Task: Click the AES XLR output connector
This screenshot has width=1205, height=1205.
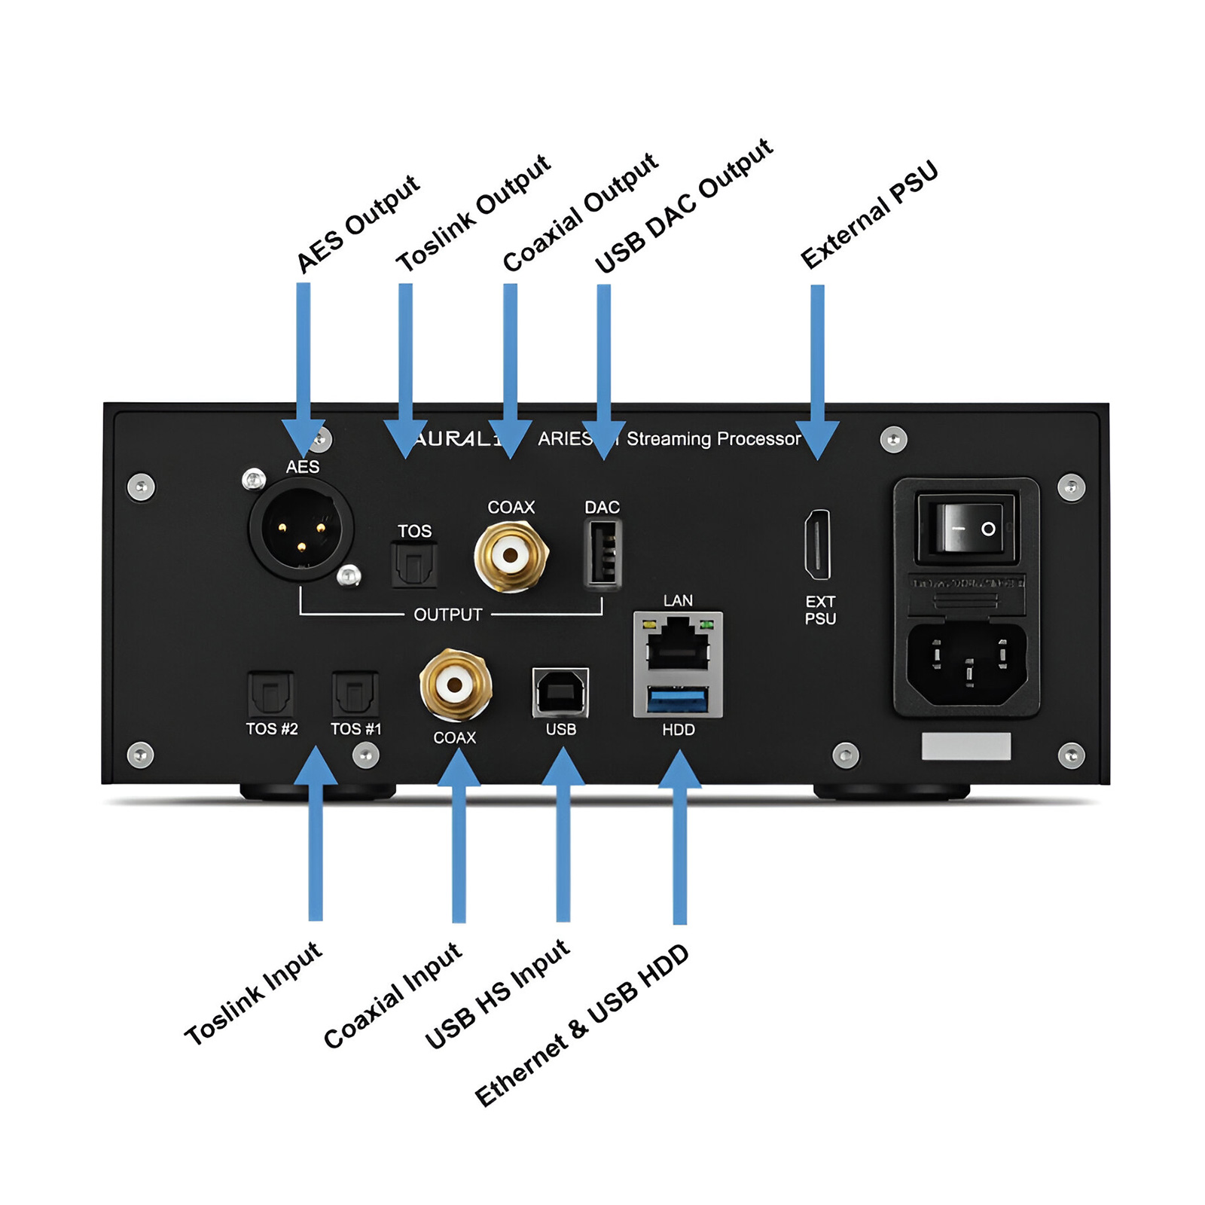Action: click(301, 530)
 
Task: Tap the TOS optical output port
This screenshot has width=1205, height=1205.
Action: click(414, 565)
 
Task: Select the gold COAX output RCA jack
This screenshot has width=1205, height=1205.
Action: click(511, 556)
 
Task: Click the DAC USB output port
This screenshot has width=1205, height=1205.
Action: click(602, 554)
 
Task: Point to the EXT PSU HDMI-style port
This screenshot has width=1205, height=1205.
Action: click(818, 545)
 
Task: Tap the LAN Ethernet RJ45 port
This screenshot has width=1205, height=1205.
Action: click(678, 645)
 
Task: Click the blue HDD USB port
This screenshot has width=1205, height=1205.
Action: click(678, 700)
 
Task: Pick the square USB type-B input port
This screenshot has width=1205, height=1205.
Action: click(560, 691)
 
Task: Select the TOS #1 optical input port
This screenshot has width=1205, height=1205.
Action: click(355, 694)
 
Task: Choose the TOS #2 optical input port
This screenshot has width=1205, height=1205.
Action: click(271, 694)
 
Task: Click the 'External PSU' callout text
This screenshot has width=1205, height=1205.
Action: click(869, 215)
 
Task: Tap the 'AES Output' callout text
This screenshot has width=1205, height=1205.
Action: click(357, 224)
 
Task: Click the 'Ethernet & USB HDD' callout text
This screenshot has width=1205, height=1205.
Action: click(581, 1026)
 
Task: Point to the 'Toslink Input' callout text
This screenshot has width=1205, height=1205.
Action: click(253, 994)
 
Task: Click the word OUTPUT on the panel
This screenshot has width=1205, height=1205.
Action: click(447, 615)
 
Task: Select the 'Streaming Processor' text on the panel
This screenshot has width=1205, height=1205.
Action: click(713, 439)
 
